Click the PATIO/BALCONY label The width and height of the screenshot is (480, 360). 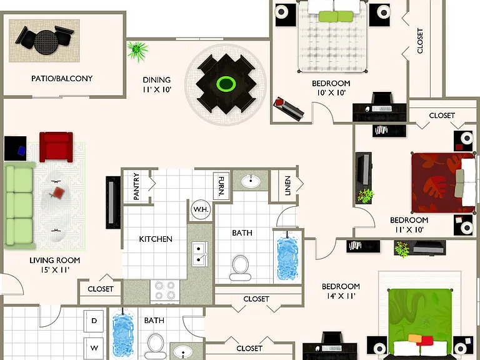click(62, 78)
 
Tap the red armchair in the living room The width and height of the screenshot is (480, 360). click(56, 147)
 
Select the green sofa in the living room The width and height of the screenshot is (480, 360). click(19, 206)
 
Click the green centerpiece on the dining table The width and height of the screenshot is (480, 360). click(226, 84)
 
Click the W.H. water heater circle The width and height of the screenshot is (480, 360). click(201, 210)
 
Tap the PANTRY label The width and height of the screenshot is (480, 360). click(136, 186)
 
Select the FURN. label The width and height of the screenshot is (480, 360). click(221, 186)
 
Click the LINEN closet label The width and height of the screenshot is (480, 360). click(287, 186)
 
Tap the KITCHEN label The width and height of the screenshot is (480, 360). click(156, 239)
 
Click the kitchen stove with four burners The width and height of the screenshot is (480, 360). click(165, 291)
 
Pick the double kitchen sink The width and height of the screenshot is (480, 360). click(199, 254)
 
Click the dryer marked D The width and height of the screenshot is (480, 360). click(94, 321)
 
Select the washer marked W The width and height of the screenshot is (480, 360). click(94, 348)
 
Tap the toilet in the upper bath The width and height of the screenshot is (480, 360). click(240, 268)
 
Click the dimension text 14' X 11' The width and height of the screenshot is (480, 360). click(341, 296)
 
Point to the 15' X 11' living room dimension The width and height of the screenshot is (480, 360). click(55, 270)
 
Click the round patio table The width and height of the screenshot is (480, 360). click(46, 42)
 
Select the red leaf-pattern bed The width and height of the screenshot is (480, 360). click(442, 182)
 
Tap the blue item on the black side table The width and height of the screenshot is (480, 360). click(21, 150)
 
